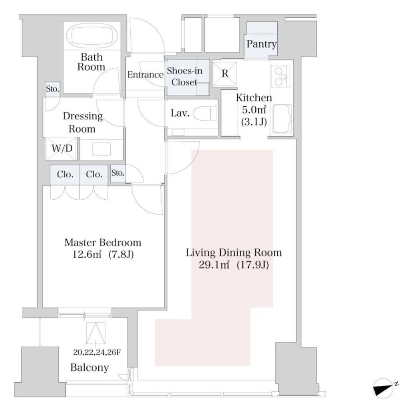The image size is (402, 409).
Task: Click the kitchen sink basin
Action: tap(282, 119)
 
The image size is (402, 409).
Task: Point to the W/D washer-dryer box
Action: tap(62, 149)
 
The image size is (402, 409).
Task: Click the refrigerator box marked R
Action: tap(225, 74)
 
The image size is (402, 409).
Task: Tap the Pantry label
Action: tap(262, 44)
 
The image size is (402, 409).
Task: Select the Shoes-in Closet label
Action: tap(185, 76)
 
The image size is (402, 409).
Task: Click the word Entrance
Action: tap(145, 75)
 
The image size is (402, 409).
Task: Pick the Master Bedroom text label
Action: tap(103, 242)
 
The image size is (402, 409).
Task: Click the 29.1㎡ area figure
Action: tap(214, 265)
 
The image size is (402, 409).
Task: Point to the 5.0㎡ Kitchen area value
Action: tap(254, 110)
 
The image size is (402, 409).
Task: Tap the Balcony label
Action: tap(90, 367)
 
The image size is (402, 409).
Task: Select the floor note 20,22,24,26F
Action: tap(97, 352)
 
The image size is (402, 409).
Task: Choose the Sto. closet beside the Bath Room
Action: tap(52, 89)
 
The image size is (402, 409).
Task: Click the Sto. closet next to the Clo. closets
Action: tap(118, 173)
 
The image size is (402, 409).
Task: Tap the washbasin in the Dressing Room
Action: tap(101, 149)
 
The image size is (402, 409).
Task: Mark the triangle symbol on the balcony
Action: tap(96, 333)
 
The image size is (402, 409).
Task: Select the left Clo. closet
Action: tap(65, 175)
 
